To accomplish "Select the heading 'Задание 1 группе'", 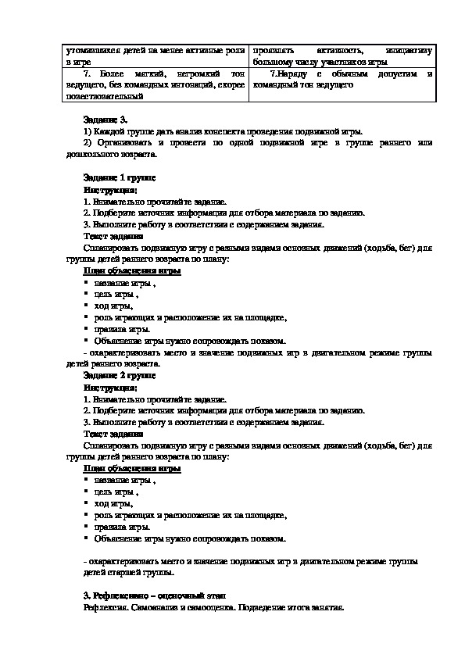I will pyautogui.click(x=119, y=179).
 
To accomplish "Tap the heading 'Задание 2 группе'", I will pyautogui.click(x=119, y=375).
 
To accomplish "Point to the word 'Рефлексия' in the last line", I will pyautogui.click(x=106, y=607).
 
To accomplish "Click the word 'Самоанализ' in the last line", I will pyautogui.click(x=157, y=607).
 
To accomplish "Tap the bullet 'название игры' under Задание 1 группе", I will pyautogui.click(x=123, y=283).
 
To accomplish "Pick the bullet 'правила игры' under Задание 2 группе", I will pyautogui.click(x=122, y=527).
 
